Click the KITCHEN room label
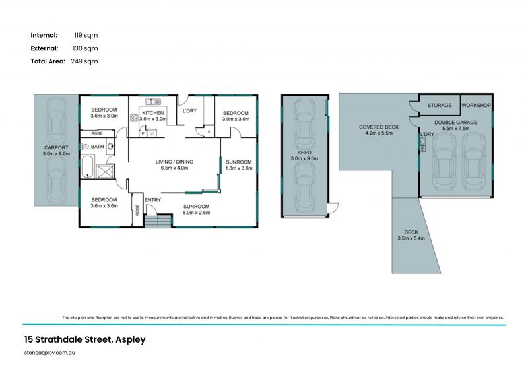click(152, 113)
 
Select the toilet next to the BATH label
click(84, 147)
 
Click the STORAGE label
click(439, 105)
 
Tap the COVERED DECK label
click(379, 127)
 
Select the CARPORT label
click(56, 147)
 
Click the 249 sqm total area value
click(84, 61)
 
